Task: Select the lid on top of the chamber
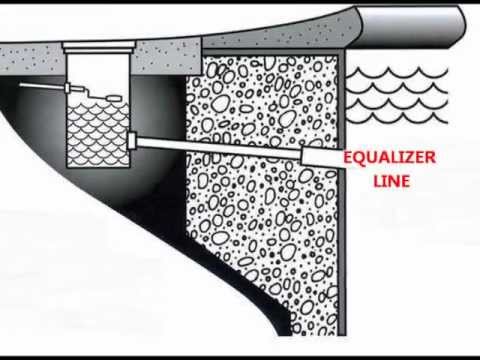point(97,45)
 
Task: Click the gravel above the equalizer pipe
point(260,100)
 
